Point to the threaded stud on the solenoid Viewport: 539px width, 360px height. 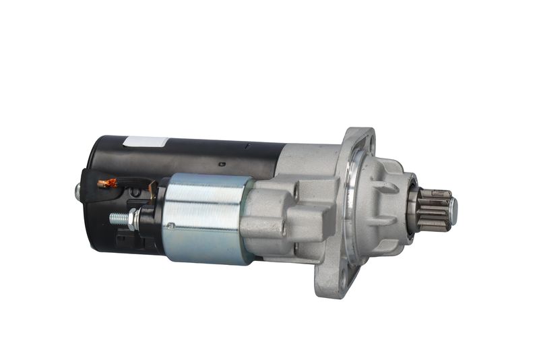pyautogui.click(x=120, y=218)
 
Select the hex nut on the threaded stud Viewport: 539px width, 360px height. pyautogui.click(x=135, y=217)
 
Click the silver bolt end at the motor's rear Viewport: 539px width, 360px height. pyautogui.click(x=77, y=191)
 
